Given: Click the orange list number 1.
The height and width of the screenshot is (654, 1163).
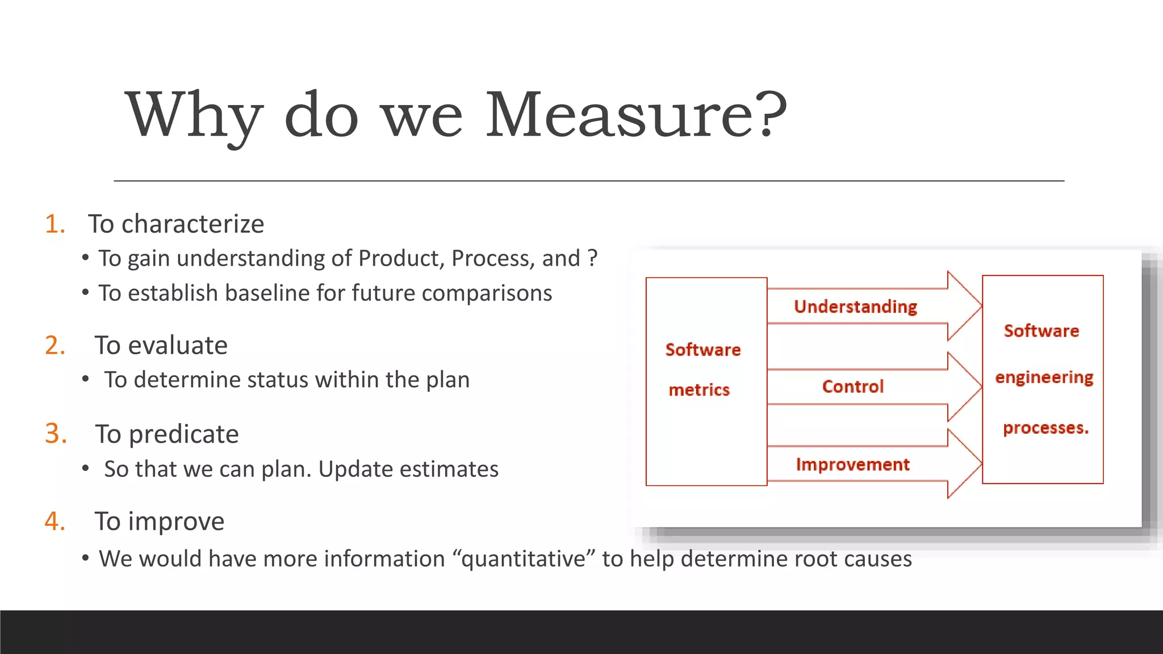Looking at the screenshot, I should (55, 224).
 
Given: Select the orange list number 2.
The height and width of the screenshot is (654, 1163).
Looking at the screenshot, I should (55, 345).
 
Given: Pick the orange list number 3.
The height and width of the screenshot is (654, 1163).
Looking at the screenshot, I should (56, 434).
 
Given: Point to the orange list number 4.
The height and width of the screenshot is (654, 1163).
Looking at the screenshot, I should (55, 521).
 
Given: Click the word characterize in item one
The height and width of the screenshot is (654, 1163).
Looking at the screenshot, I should (193, 224).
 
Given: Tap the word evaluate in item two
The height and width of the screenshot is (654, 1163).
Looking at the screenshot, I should (178, 345).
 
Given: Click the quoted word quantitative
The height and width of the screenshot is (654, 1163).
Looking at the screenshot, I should (524, 559).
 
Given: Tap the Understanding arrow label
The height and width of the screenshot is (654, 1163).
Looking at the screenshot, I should (855, 307).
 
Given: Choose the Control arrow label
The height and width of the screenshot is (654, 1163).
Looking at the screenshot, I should (853, 387).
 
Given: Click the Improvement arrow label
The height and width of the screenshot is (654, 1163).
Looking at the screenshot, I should (852, 464).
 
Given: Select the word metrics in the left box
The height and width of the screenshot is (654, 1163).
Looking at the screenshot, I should (699, 390).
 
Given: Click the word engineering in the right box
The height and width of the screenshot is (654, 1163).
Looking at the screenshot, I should (1044, 378).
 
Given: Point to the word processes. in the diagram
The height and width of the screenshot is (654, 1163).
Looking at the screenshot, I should (1045, 427).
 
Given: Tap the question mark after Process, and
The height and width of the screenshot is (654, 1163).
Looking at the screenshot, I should (593, 258).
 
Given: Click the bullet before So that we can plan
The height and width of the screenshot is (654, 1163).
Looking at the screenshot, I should (85, 469).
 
